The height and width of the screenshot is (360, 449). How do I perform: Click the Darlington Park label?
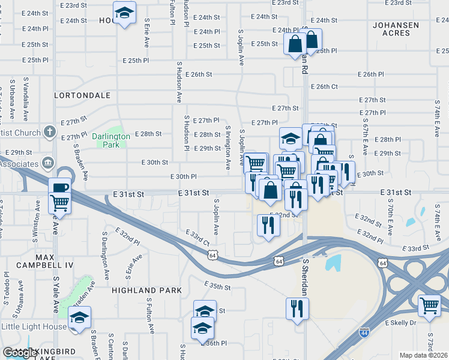(111, 140)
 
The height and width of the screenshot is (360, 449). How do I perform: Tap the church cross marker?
(49, 131)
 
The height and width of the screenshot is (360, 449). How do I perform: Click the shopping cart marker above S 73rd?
(429, 305)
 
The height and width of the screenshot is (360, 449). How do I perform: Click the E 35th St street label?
(217, 286)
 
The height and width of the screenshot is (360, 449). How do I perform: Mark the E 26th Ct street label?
(327, 87)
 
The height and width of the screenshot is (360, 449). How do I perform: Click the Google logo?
(20, 353)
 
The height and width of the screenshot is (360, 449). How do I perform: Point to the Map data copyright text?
(424, 355)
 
